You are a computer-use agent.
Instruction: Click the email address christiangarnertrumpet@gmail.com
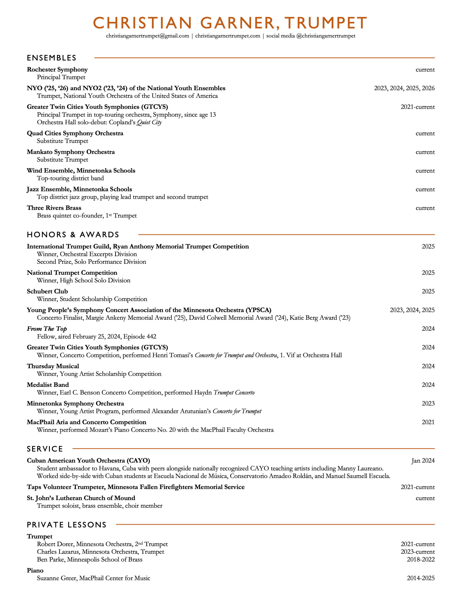(148, 36)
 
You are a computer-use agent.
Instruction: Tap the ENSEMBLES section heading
(51, 58)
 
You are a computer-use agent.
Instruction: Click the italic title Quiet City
(149, 122)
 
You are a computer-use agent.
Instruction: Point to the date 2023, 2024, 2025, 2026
(404, 88)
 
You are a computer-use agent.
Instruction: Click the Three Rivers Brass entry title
(54, 208)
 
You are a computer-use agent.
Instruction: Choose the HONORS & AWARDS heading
(73, 235)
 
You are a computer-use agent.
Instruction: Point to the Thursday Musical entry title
(53, 366)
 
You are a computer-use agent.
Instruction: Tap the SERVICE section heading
(45, 449)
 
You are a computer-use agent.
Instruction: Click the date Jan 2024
(423, 461)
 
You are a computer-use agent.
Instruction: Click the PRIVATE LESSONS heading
(67, 525)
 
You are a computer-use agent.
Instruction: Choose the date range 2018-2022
(421, 559)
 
